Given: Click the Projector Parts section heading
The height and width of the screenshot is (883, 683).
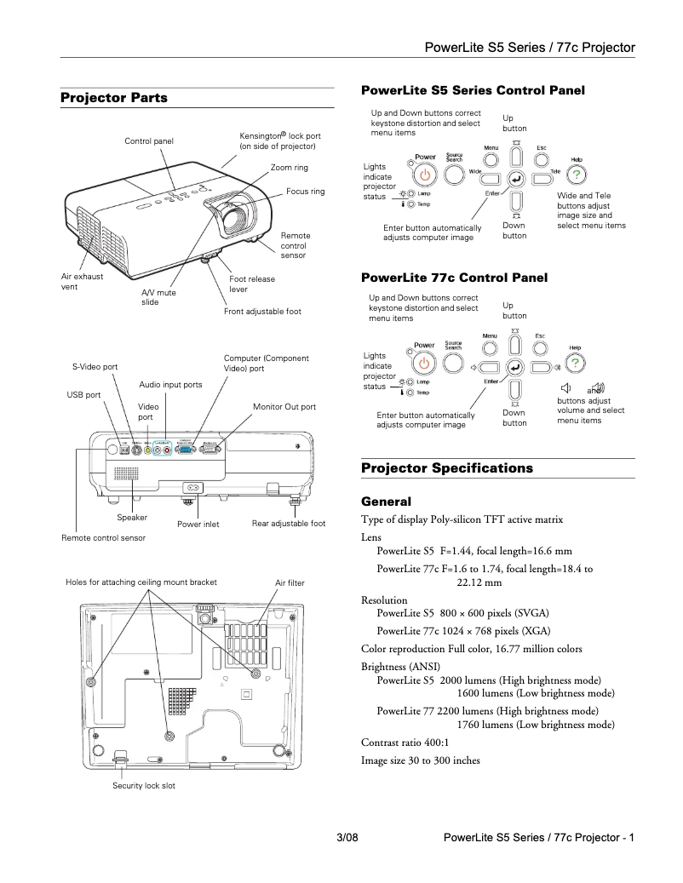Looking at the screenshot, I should click(114, 98).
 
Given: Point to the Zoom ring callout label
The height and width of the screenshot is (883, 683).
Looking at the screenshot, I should click(289, 168).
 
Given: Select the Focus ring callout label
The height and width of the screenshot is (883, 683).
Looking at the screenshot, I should click(305, 192).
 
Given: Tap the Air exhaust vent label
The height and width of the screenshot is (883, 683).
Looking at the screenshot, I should click(82, 282).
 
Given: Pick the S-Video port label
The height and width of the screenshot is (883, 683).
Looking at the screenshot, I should click(95, 366).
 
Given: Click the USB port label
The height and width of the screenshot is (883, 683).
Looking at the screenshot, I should click(83, 395).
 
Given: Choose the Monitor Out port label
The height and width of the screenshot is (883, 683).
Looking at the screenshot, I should click(284, 407).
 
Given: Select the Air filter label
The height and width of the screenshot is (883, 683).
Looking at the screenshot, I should click(290, 582).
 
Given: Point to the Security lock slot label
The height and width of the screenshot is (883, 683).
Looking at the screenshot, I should click(144, 785).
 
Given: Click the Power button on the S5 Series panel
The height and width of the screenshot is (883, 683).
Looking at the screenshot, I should click(425, 175).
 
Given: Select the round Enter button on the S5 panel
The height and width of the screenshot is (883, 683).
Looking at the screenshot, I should click(515, 178).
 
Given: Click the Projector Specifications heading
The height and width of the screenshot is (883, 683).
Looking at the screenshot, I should click(447, 468).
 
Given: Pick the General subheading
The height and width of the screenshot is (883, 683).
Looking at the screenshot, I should click(386, 502).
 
